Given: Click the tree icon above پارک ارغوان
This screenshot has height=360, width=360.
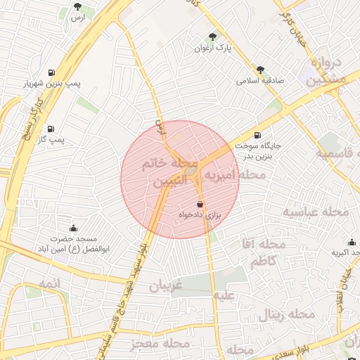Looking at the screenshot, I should [213, 36].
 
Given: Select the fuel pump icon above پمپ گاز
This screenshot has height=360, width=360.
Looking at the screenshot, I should [51, 129].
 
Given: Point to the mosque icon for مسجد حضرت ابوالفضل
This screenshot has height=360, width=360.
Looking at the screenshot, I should [73, 228].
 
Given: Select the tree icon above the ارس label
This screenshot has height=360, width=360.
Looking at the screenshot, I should [77, 7].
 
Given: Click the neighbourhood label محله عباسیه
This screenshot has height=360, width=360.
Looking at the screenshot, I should [316, 211].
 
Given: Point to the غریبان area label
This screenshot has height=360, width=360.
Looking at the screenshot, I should [165, 286].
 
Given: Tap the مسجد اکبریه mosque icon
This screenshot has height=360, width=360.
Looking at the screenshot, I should [352, 242].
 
